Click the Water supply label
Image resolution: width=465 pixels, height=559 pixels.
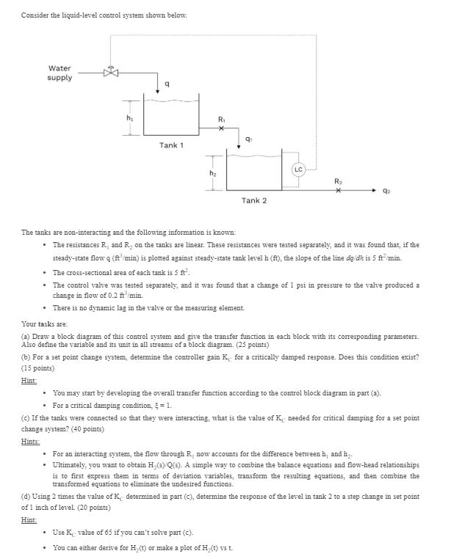point(60,73)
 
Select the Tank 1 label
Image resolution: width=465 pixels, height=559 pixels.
point(170,145)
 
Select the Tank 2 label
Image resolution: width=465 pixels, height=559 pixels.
point(254,200)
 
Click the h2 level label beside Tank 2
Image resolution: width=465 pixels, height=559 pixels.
point(214,173)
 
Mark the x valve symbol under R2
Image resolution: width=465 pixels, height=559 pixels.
point(337,188)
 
